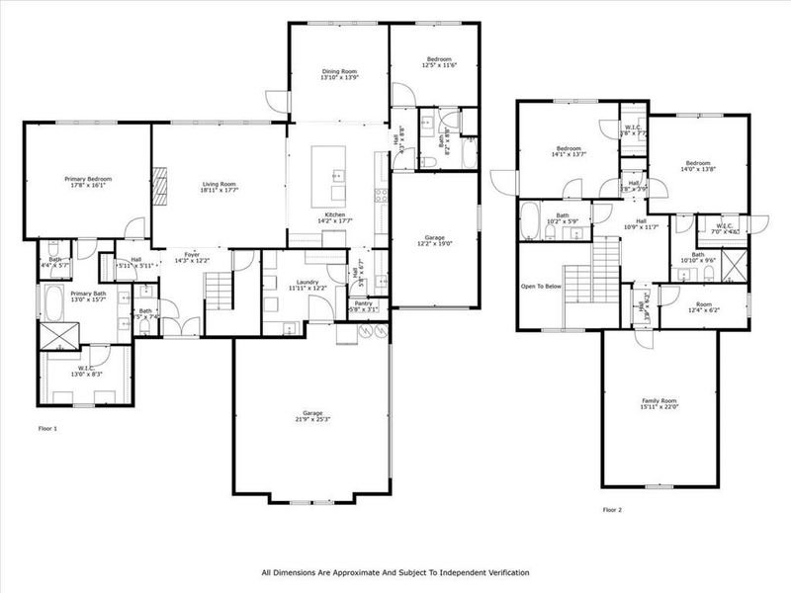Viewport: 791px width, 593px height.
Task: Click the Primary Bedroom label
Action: coord(88,179)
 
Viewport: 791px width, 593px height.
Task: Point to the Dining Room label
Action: coord(338,72)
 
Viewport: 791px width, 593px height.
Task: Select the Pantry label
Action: coord(364,305)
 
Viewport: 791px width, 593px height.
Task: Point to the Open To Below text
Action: coord(541,287)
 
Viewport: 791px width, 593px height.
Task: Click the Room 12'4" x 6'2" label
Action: coord(705,305)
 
